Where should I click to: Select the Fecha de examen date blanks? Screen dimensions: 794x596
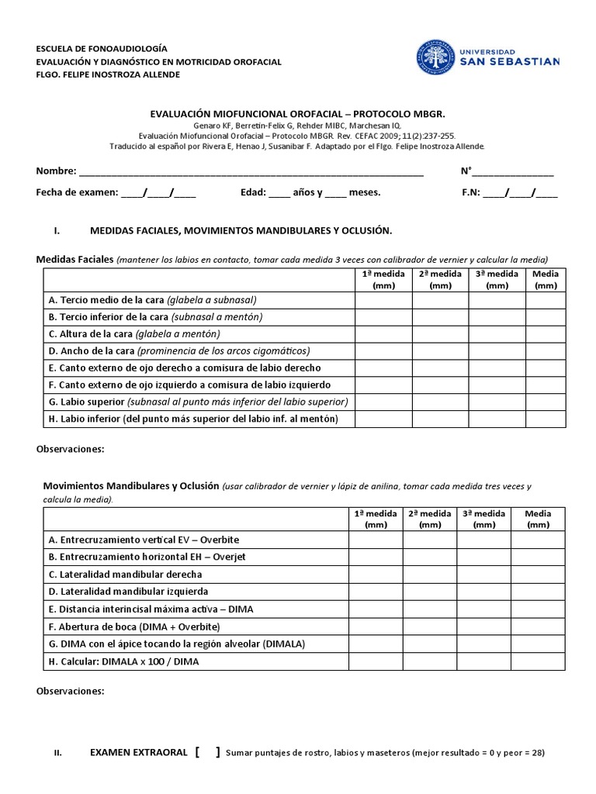pyautogui.click(x=158, y=193)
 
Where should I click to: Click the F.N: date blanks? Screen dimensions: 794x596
pyautogui.click(x=520, y=193)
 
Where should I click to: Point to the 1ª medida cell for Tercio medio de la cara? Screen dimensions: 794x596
pyautogui.click(x=383, y=299)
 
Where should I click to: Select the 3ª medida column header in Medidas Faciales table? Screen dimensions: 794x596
pyautogui.click(x=496, y=279)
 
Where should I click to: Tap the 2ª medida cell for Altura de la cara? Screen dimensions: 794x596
pyautogui.click(x=440, y=333)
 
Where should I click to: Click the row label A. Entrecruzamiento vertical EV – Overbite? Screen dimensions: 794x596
pyautogui.click(x=144, y=540)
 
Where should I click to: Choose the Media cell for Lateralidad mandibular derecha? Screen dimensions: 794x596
pyautogui.click(x=538, y=574)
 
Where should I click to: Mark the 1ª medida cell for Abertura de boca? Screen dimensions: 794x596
pyautogui.click(x=376, y=626)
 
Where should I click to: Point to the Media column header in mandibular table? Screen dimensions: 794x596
pyautogui.click(x=538, y=519)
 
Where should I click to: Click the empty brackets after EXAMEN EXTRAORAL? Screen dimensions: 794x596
pyautogui.click(x=208, y=752)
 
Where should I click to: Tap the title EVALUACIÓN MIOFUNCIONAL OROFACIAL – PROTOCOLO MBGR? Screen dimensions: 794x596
pyautogui.click(x=298, y=113)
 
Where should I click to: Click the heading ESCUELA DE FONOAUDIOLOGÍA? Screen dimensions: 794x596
pyautogui.click(x=102, y=48)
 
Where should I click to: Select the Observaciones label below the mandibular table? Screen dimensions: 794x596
pyautogui.click(x=71, y=691)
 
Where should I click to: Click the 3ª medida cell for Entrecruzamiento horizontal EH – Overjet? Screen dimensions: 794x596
pyautogui.click(x=483, y=557)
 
